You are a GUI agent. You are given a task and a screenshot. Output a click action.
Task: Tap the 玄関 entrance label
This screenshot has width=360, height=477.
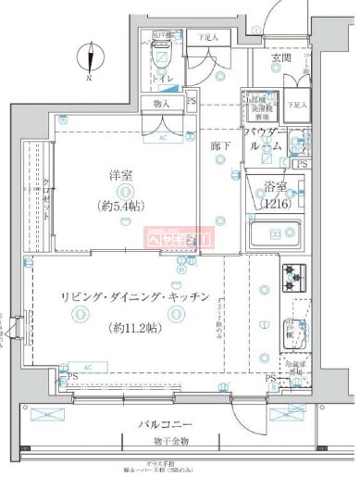point(280,58)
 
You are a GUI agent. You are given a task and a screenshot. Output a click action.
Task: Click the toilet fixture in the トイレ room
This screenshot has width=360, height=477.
point(161,41)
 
